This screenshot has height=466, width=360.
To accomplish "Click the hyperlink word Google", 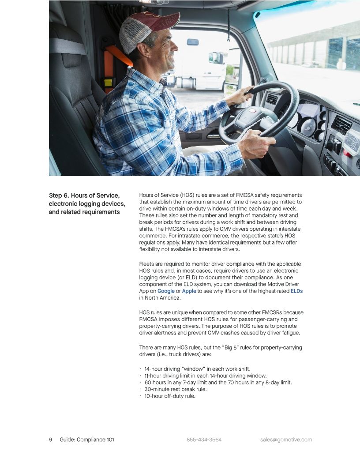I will click(x=166, y=291).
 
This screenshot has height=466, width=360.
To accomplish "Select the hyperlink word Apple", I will click(x=189, y=291).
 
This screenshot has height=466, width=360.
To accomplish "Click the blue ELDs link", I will click(x=296, y=291).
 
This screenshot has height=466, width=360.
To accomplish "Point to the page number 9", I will click(x=50, y=440).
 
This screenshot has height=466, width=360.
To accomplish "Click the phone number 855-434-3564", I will click(x=204, y=440).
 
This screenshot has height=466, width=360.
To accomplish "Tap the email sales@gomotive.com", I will click(x=286, y=440).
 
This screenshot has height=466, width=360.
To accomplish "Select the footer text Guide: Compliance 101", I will click(x=87, y=440).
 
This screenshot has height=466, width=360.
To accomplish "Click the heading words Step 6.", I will click(x=62, y=195).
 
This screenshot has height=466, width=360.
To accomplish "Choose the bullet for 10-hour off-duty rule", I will click(x=170, y=396).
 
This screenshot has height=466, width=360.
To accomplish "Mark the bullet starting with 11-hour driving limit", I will click(x=205, y=376).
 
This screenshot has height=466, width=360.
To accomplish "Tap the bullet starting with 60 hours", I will click(x=218, y=383).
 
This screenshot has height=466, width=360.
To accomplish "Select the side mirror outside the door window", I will click(x=216, y=58).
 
